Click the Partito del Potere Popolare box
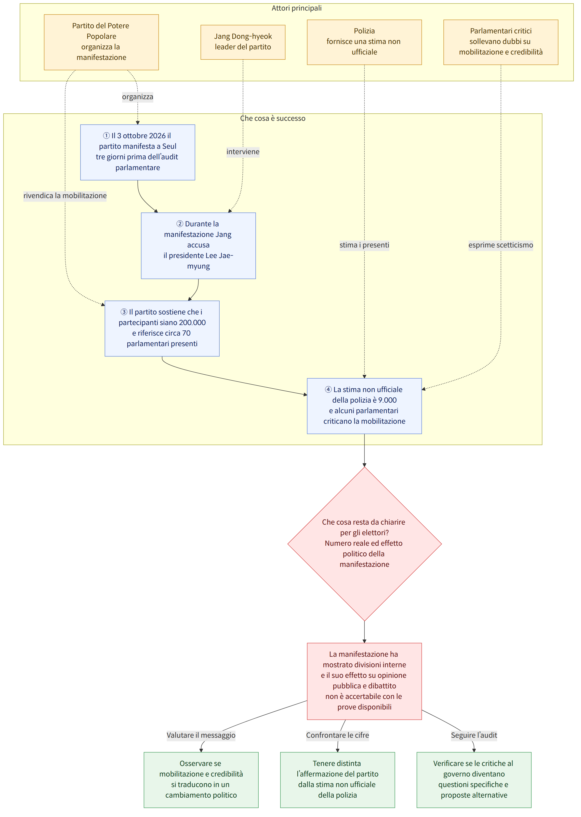coord(101,42)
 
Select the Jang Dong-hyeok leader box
coord(243,42)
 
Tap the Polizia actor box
coord(364,42)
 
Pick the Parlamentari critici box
coord(501,42)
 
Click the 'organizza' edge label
coord(138,97)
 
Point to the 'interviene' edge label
coord(243,152)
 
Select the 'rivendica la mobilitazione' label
coord(65,196)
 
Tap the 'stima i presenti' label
coord(364,245)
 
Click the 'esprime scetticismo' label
coord(501,245)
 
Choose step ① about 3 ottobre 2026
coord(138,152)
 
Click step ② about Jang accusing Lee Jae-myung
coord(198,245)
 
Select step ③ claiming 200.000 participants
coord(162,328)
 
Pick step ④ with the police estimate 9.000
coord(364,406)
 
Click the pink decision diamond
coord(364,544)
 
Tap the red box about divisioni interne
coord(364,681)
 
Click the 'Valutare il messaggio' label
coord(201,735)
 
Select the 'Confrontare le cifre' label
coord(337,735)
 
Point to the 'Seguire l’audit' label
coord(474,735)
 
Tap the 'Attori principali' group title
coord(297,8)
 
